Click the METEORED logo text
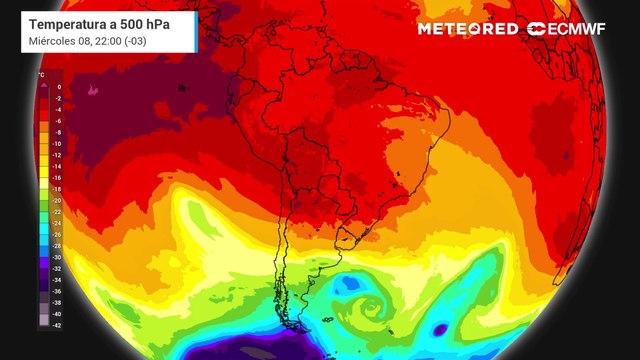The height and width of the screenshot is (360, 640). tap(467, 29)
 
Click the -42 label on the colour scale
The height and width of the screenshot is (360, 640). tap(58, 325)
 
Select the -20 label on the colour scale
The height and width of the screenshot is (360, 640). tap(58, 200)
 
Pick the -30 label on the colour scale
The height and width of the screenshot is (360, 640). tap(58, 257)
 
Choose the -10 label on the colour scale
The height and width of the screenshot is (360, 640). tap(58, 143)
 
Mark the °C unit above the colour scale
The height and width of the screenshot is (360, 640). tap(41, 75)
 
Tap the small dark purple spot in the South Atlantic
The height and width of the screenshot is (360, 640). tap(440, 328)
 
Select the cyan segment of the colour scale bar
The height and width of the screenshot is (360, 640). tap(43, 234)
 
